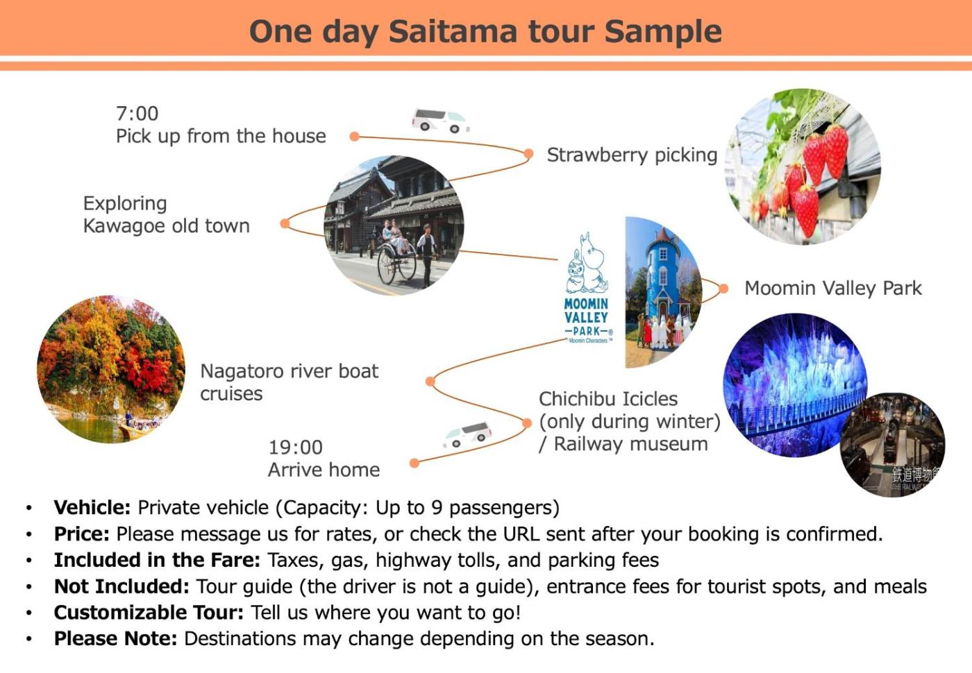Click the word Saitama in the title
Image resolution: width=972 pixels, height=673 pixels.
pyautogui.click(x=453, y=32)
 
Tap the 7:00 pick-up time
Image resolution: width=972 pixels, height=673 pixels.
pyautogui.click(x=137, y=114)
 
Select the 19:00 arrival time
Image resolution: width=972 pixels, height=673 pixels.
pyautogui.click(x=296, y=448)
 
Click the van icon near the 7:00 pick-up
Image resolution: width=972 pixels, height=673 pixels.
pyautogui.click(x=440, y=120)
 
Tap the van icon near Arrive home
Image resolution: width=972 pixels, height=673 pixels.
pyautogui.click(x=467, y=435)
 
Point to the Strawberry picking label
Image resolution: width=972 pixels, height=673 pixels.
pyautogui.click(x=632, y=155)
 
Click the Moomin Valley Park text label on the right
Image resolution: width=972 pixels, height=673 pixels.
pyautogui.click(x=833, y=289)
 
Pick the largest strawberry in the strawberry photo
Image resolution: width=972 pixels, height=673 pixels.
pyautogui.click(x=806, y=210)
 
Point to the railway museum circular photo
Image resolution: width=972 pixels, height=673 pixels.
pyautogui.click(x=892, y=445)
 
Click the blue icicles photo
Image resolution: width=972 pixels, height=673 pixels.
pyautogui.click(x=794, y=384)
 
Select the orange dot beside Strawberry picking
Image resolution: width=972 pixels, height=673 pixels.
pyautogui.click(x=528, y=153)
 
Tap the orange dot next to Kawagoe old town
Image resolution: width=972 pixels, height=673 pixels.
pyautogui.click(x=285, y=223)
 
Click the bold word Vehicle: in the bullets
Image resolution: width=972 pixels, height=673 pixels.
pyautogui.click(x=92, y=507)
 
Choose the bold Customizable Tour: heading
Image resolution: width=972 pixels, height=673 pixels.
pyautogui.click(x=149, y=613)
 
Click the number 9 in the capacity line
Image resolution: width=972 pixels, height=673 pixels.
pyautogui.click(x=437, y=507)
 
